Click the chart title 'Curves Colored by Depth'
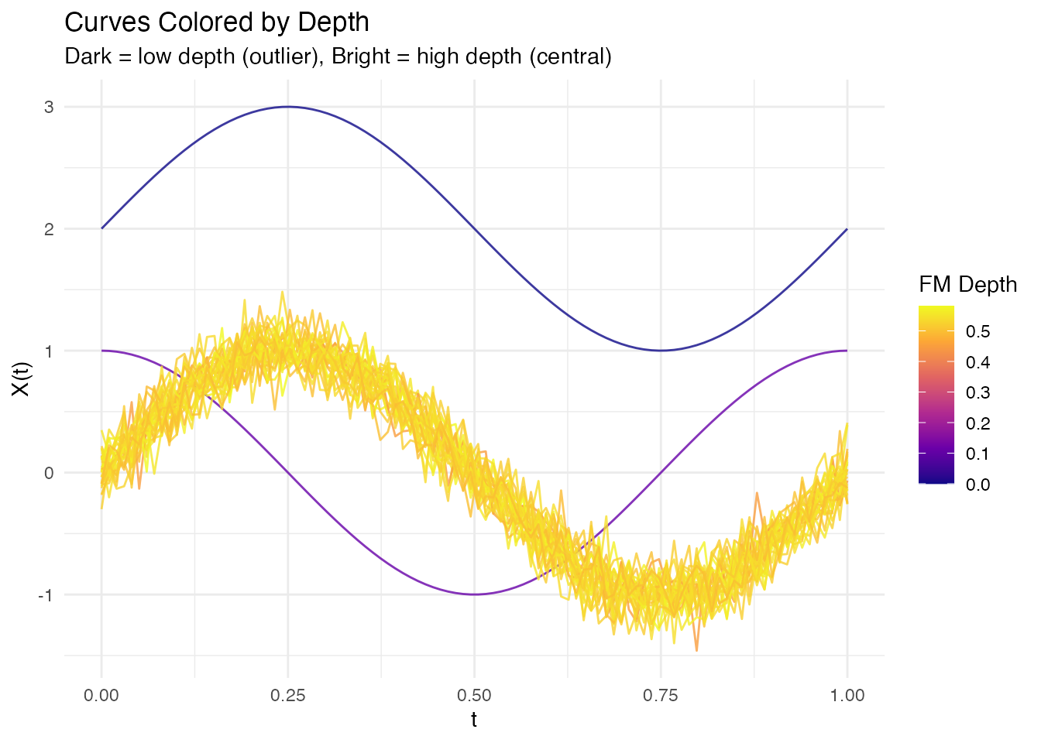[x=217, y=22]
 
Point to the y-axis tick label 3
[x=49, y=107]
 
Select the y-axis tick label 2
[x=49, y=229]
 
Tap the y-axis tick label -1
[x=46, y=595]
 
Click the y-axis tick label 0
[x=49, y=473]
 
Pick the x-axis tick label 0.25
[x=288, y=695]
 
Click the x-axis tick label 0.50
[x=474, y=695]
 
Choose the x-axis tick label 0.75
[x=661, y=695]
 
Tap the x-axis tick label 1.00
[x=847, y=695]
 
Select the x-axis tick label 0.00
[x=101, y=695]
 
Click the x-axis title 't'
[x=474, y=720]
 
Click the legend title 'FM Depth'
[x=967, y=285]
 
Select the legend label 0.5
[x=978, y=332]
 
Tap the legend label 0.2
[x=978, y=423]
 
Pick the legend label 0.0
[x=978, y=484]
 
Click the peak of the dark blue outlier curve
[x=288, y=107]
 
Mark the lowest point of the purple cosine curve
[x=474, y=594]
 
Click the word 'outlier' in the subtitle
[x=279, y=56]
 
